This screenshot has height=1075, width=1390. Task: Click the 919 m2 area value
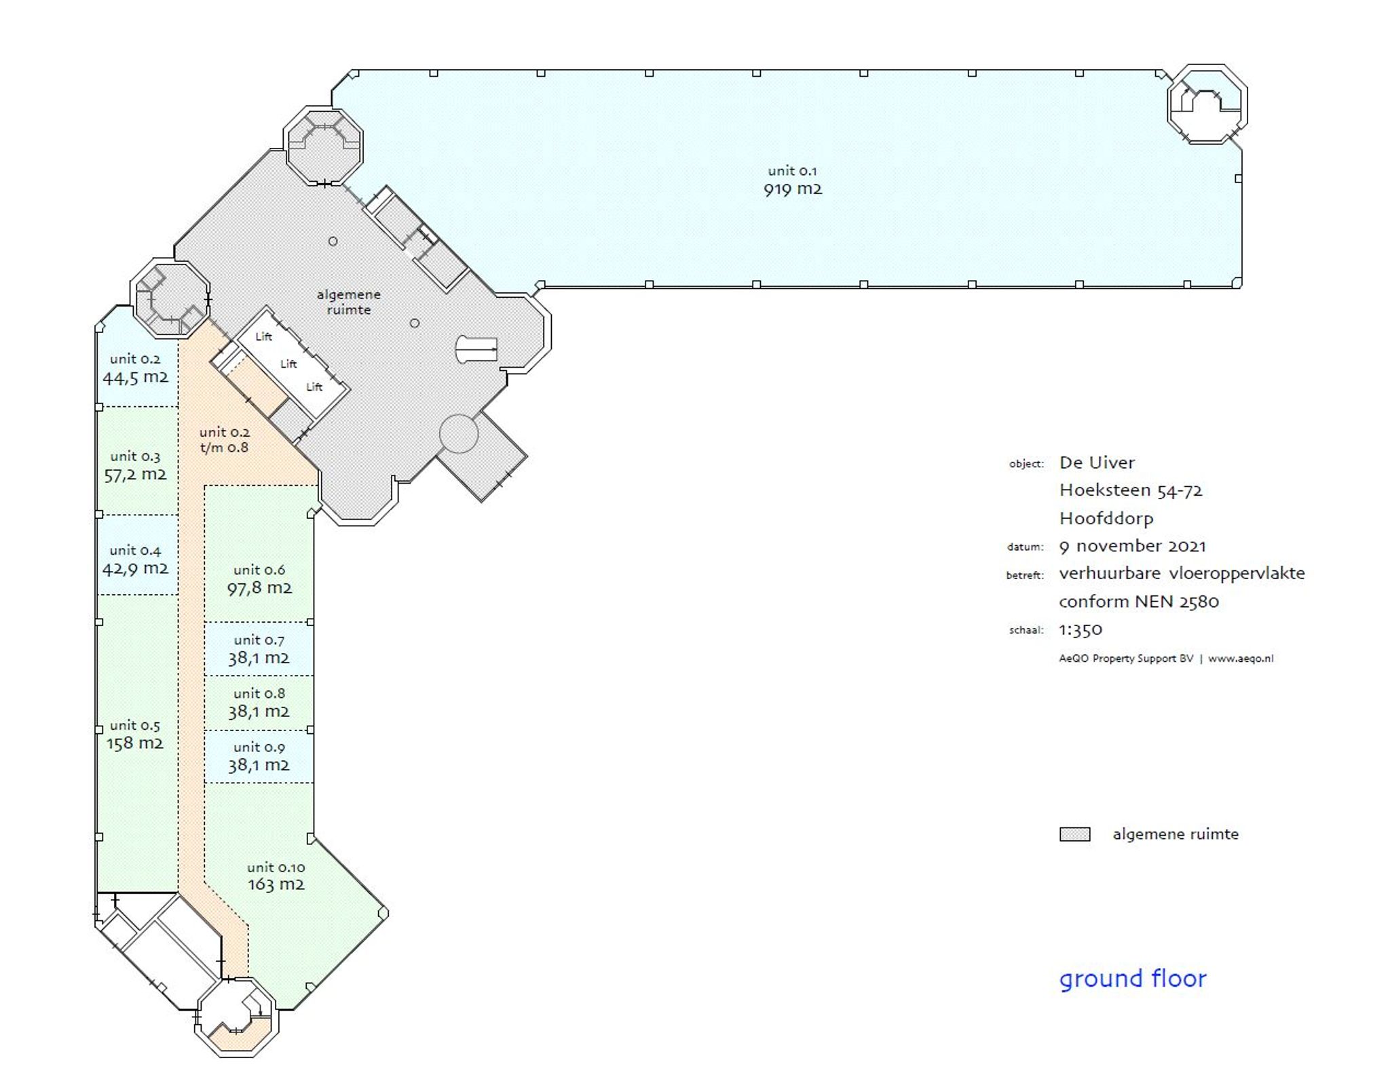(x=793, y=189)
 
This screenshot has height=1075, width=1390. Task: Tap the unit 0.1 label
(x=792, y=171)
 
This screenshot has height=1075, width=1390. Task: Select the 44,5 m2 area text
(x=136, y=378)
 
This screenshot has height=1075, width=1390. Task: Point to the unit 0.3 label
(x=135, y=456)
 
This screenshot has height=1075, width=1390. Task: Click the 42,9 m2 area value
(x=136, y=568)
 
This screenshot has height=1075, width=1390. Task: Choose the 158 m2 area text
(x=135, y=743)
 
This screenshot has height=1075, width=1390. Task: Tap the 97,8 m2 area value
(x=259, y=588)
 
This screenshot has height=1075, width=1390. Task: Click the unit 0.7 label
(x=259, y=640)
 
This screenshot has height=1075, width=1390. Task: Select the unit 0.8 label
(x=259, y=693)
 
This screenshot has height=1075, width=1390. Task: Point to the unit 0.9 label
(x=259, y=747)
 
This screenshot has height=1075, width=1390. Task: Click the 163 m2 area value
(x=276, y=884)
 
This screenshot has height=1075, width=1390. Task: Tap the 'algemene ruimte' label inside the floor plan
(x=348, y=302)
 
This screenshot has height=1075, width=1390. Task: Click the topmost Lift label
(x=263, y=336)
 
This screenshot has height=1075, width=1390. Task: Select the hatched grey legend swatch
(x=1075, y=834)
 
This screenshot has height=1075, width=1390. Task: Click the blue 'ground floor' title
(x=1133, y=979)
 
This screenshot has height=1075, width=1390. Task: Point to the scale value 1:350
(x=1081, y=629)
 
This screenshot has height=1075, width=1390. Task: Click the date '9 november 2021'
(x=1132, y=546)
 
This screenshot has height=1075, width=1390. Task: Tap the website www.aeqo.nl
(x=1241, y=658)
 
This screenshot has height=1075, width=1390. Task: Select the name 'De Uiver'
(x=1097, y=463)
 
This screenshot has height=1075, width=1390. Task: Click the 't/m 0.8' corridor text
(x=224, y=448)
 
